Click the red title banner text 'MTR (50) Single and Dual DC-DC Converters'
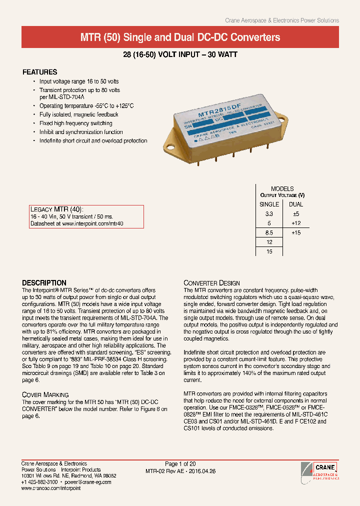180,37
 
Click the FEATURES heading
40,72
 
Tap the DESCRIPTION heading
44,282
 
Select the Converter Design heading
211,283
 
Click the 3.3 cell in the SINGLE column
269,213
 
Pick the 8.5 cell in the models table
269,232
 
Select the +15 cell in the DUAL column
296,232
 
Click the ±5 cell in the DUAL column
296,213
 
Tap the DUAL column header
296,204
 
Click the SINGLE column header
269,204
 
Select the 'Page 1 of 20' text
180,464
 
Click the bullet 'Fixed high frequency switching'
75,123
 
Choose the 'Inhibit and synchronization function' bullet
81,132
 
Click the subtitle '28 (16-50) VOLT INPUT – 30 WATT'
180,55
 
